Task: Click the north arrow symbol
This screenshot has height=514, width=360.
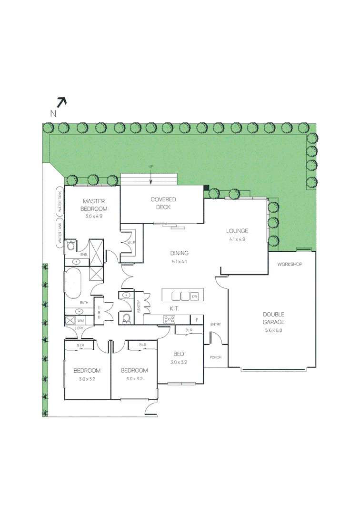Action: click(x=61, y=102)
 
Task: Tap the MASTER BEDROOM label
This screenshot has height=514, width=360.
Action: click(x=94, y=205)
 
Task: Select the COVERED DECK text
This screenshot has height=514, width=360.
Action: click(x=163, y=203)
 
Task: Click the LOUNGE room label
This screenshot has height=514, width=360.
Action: click(x=237, y=231)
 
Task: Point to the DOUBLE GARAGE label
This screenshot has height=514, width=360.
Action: click(x=273, y=318)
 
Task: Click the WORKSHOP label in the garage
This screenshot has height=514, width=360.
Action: click(x=290, y=264)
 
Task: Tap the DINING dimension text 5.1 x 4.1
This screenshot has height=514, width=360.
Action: click(x=180, y=261)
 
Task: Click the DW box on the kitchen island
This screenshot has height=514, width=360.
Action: click(x=194, y=297)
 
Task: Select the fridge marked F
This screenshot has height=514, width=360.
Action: click(x=197, y=320)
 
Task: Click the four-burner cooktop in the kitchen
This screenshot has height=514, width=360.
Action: click(x=169, y=320)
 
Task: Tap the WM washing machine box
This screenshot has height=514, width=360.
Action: click(x=80, y=321)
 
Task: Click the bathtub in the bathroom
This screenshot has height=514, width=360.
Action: click(x=73, y=284)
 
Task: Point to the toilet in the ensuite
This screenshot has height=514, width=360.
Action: click(x=70, y=246)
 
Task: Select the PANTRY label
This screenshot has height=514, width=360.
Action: click(x=139, y=305)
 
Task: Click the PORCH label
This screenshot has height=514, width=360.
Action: click(x=215, y=357)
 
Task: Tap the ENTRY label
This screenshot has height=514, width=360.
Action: click(x=215, y=325)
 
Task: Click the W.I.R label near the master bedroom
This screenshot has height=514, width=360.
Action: click(x=131, y=243)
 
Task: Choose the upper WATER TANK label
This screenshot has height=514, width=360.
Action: click(x=60, y=201)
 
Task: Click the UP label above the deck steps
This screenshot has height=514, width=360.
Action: click(x=151, y=166)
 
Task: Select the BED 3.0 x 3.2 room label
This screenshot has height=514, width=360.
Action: click(x=179, y=357)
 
